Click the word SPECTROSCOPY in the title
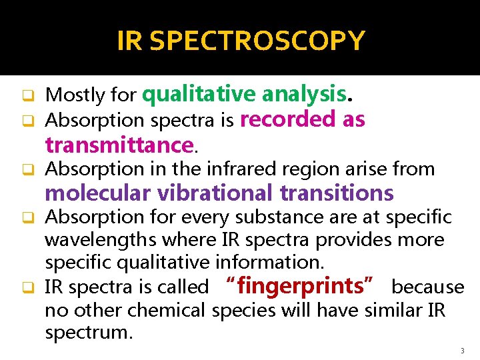point(257,41)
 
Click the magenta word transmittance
point(119,144)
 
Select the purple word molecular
point(98,193)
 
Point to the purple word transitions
point(337,193)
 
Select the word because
point(427,287)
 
